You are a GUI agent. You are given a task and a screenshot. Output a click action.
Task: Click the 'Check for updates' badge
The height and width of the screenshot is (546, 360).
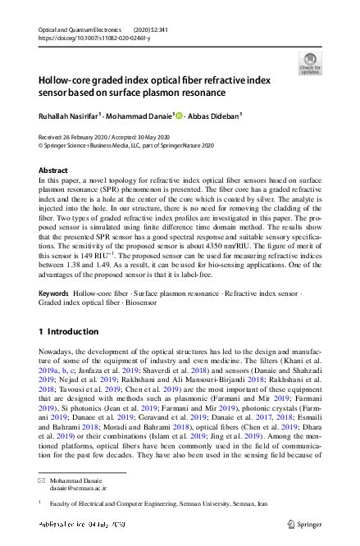click(310, 63)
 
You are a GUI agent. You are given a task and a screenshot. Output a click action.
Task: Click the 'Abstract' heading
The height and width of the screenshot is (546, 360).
click(53, 170)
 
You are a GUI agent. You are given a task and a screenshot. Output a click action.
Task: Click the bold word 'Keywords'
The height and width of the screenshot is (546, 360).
click(53, 293)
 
